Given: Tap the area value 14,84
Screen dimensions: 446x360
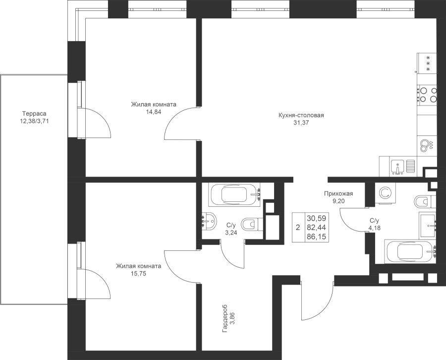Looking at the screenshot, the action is pos(154,112).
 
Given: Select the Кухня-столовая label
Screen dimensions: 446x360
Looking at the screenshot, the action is pos(301,115).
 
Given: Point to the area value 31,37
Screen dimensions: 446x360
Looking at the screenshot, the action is pos(301,123).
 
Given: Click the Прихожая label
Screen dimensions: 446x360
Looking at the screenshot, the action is pos(338,194).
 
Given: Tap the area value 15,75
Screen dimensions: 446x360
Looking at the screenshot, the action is pos(139,274).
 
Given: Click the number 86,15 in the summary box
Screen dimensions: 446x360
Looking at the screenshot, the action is pos(316,237).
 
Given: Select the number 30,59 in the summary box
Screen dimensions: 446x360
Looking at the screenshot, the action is pos(316,219).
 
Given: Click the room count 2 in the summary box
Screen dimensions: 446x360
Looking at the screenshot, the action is pos(298,228).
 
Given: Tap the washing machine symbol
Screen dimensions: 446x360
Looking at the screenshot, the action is pos(386,193).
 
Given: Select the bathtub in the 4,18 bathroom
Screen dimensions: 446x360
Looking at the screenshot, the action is pos(410,252).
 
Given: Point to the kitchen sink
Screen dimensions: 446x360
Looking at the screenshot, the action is pos(397,167).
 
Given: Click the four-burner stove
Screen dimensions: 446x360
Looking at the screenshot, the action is pos(427,95).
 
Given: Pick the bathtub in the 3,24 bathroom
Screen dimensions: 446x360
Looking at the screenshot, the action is pos(234,195).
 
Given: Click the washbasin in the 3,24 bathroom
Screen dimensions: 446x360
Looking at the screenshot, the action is pos(209,220).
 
